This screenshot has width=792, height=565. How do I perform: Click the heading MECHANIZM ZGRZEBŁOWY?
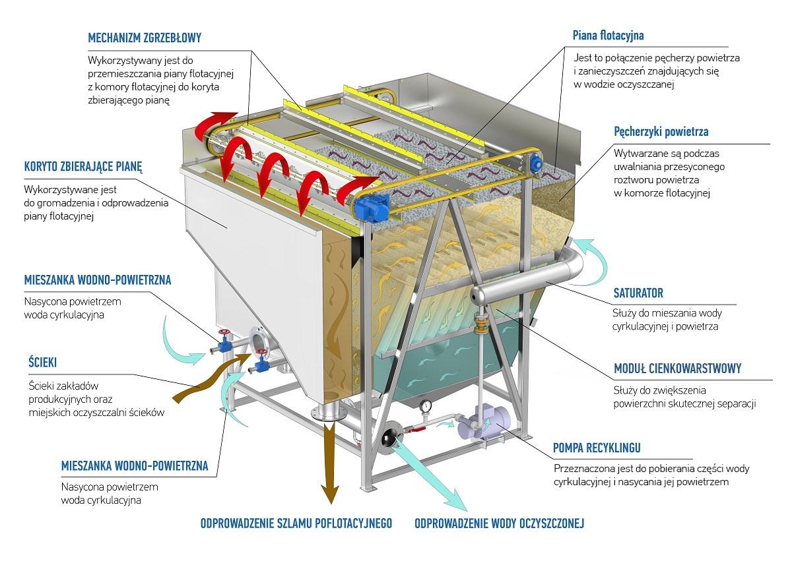click(x=145, y=38)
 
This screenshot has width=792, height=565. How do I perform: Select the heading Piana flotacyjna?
click(x=608, y=35)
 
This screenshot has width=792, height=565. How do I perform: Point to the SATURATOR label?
click(x=638, y=293)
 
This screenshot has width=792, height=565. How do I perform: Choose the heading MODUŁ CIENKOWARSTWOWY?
click(x=677, y=369)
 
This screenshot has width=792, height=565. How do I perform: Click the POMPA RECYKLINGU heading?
click(x=597, y=449)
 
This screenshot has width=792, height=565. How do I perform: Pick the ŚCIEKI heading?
click(x=43, y=363)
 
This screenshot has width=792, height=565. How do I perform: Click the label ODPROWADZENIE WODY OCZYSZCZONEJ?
click(x=499, y=524)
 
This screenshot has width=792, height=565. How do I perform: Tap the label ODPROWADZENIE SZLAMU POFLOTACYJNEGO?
click(x=296, y=524)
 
